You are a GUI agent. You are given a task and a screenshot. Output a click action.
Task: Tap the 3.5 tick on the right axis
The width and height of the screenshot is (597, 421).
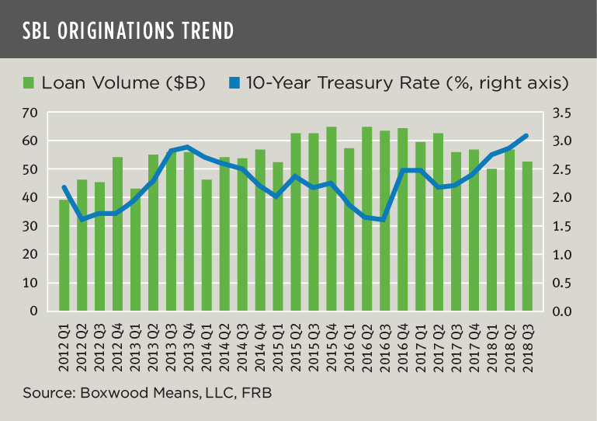(x=564, y=113)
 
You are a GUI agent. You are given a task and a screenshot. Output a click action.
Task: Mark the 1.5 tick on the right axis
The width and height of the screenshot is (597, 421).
(x=564, y=226)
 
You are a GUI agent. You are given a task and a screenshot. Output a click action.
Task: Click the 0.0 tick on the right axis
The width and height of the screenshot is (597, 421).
(x=564, y=311)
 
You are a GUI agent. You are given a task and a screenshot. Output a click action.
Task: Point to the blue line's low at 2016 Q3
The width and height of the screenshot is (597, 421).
(x=384, y=220)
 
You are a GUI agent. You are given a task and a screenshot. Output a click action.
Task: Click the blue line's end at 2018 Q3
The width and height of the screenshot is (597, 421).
(x=527, y=135)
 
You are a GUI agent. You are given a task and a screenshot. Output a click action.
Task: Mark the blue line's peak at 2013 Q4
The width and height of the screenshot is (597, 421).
(x=189, y=147)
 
